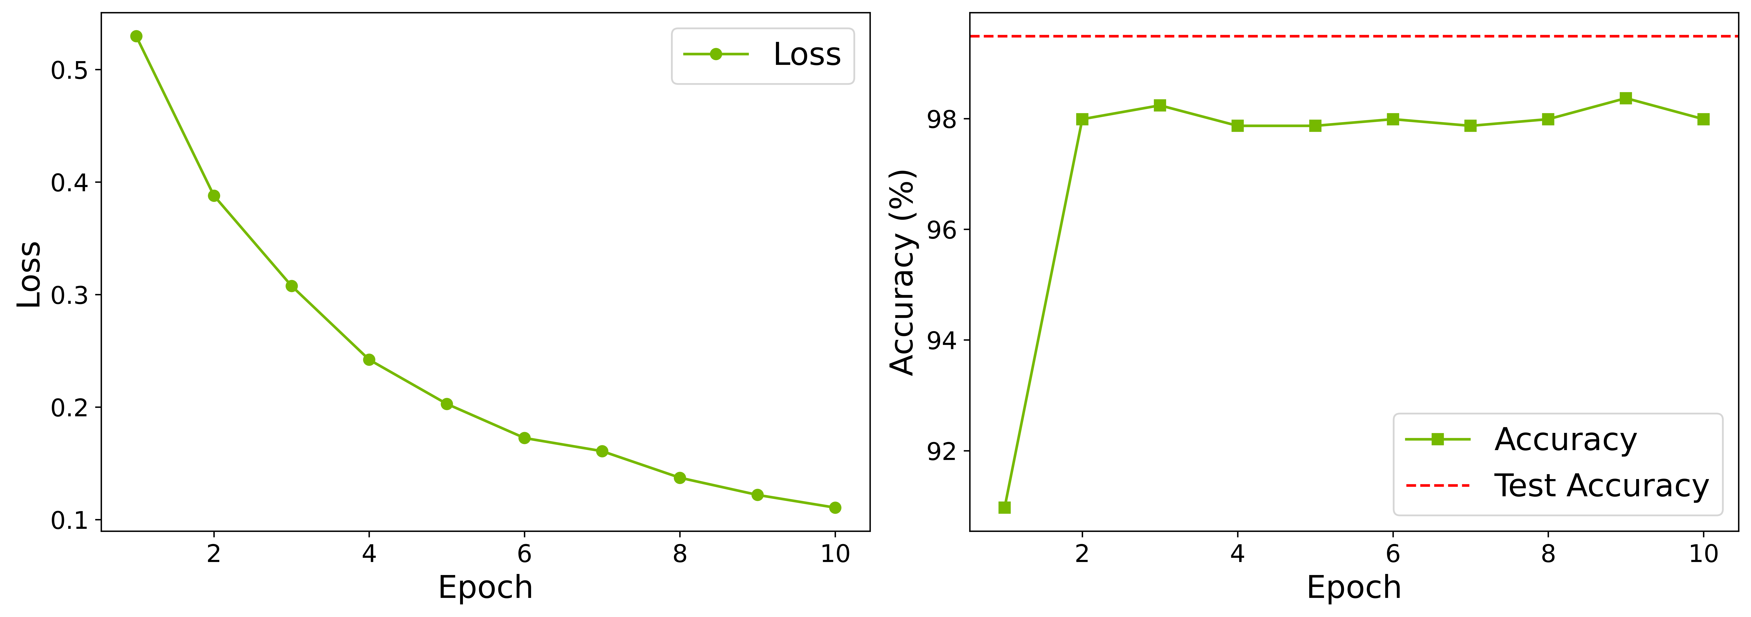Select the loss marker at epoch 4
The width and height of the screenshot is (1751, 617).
(x=369, y=359)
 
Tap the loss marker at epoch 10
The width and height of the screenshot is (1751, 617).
(x=835, y=508)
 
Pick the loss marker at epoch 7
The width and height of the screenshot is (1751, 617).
(x=602, y=451)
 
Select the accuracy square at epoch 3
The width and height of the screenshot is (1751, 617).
(x=1160, y=105)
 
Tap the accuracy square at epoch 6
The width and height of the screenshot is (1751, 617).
(x=1393, y=120)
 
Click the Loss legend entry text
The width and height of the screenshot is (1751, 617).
(x=807, y=54)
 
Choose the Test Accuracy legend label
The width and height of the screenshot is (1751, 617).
(x=1601, y=486)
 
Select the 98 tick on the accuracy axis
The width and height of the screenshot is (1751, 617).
(x=941, y=120)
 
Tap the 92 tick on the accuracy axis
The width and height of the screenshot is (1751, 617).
(x=941, y=451)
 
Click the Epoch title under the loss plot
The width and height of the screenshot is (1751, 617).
(x=485, y=587)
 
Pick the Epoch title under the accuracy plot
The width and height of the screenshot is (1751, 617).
(x=1353, y=587)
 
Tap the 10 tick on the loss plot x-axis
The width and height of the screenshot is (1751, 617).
(x=835, y=554)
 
